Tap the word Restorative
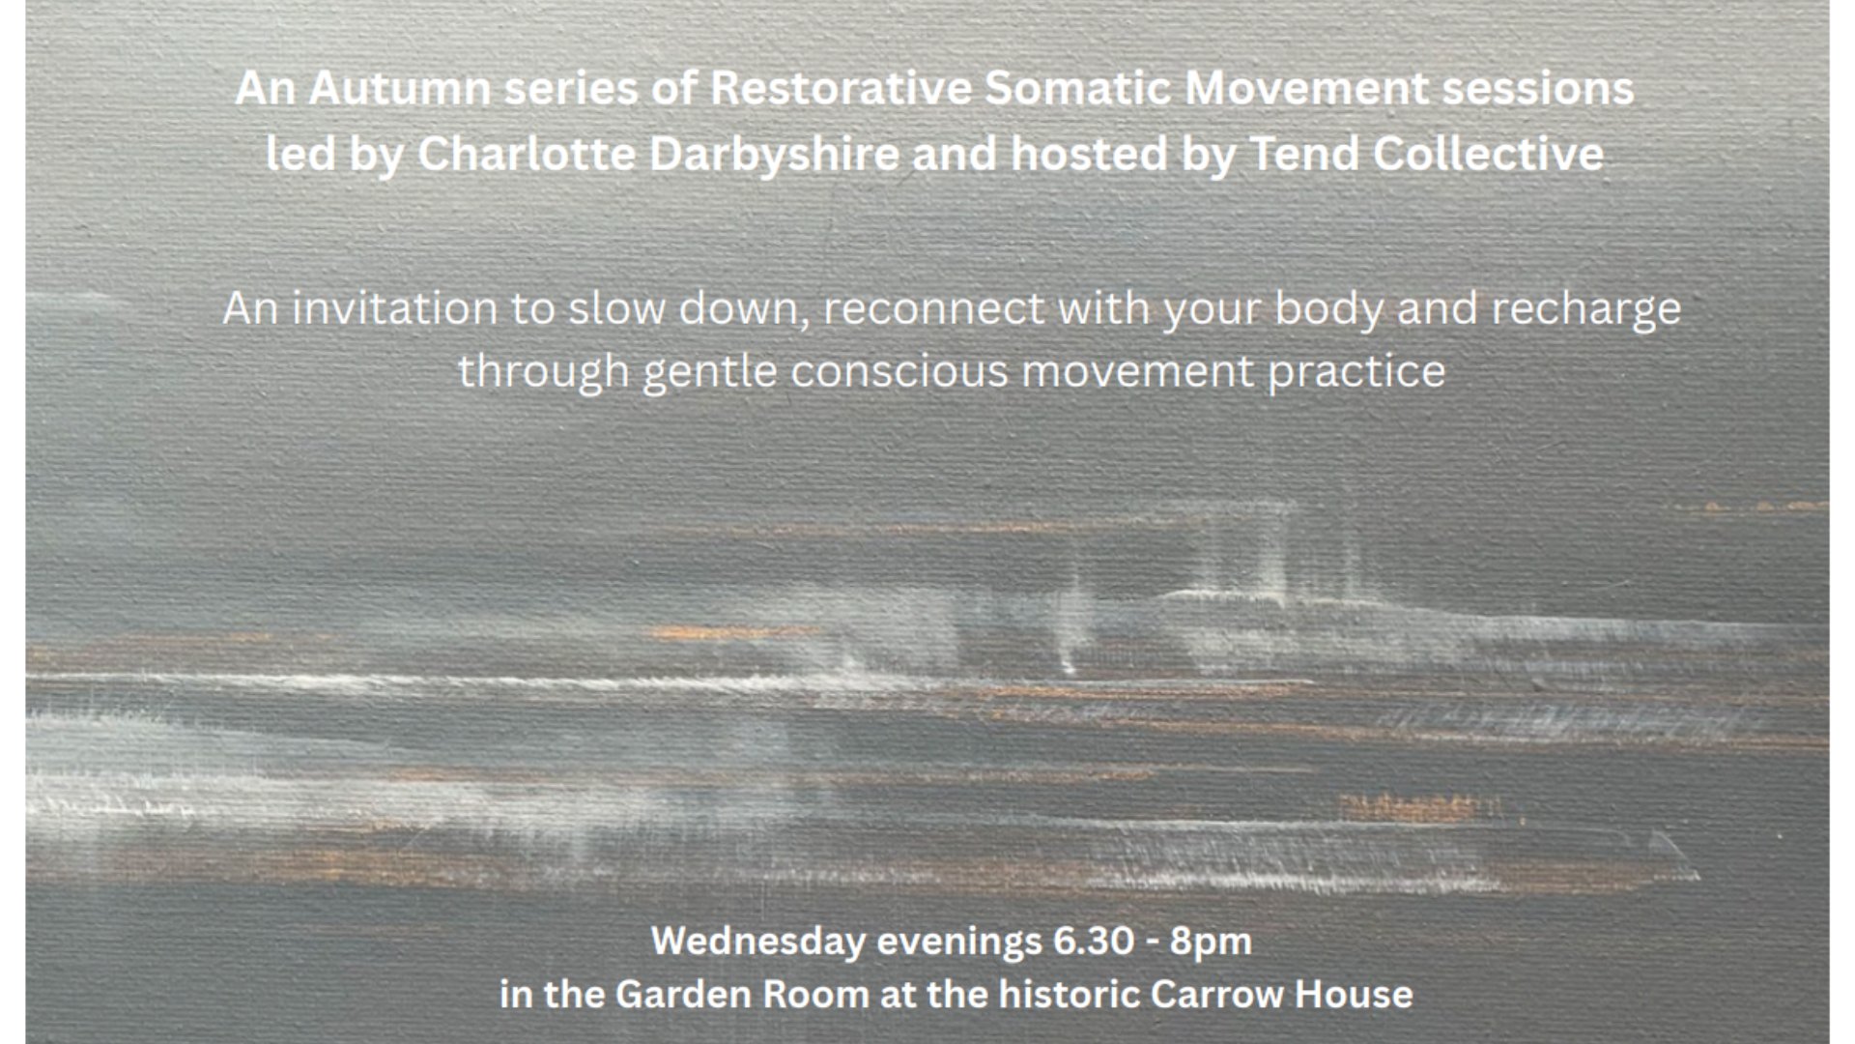click(x=842, y=89)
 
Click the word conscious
click(x=899, y=372)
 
